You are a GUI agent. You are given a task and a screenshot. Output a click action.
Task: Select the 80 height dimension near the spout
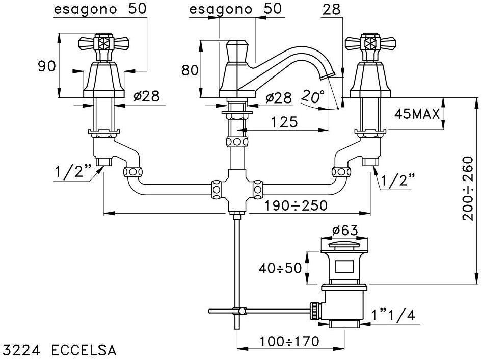[190, 70]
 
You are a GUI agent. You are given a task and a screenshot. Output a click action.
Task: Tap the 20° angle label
[312, 95]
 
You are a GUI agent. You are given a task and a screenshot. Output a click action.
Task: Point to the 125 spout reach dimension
[282, 122]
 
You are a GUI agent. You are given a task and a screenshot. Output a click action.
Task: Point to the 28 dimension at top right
[332, 10]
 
